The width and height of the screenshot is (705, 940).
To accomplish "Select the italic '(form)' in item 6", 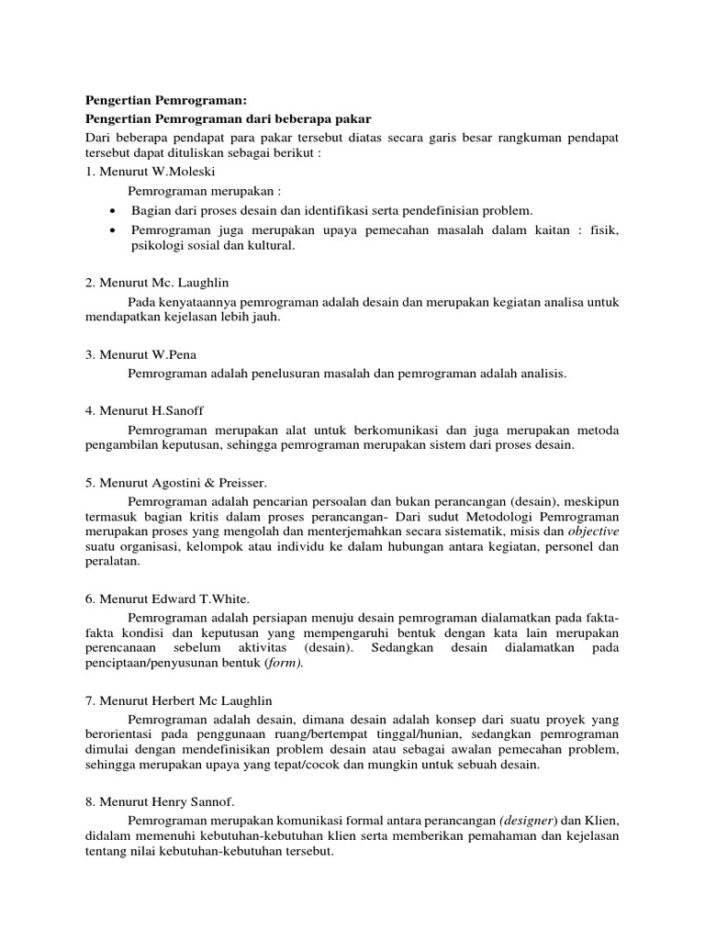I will pos(283,664).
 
